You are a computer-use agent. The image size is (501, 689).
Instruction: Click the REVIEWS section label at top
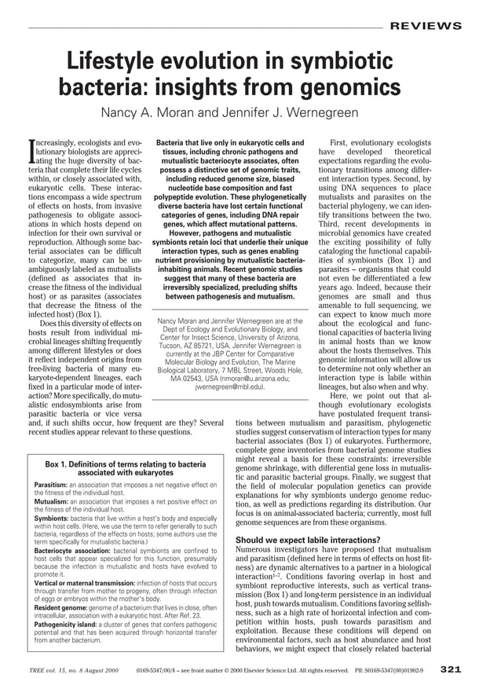point(426,26)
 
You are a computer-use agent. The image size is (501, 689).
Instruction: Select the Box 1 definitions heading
point(126,469)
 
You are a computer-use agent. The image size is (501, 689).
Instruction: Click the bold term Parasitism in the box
point(50,486)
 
